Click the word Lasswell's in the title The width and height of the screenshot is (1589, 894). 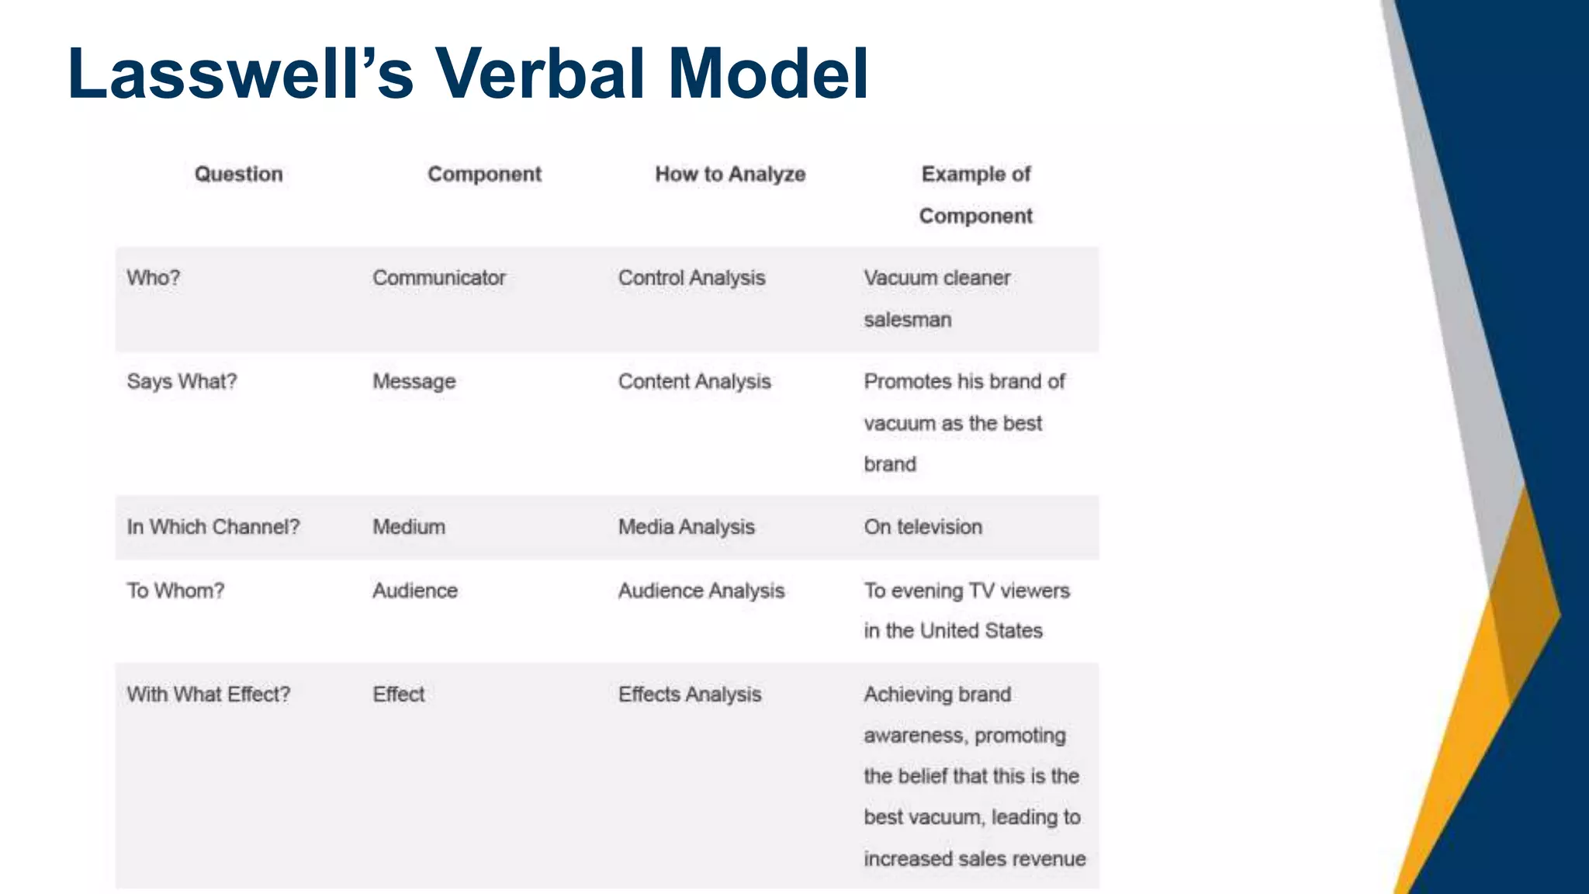(241, 74)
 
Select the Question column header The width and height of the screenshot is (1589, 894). (238, 174)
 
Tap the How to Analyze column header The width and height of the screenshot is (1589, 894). (730, 174)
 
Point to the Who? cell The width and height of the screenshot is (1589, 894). (154, 278)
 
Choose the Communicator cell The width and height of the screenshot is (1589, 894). (439, 278)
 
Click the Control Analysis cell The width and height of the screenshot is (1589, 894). (691, 278)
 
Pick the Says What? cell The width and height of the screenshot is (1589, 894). (182, 382)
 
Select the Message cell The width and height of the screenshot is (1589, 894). (414, 382)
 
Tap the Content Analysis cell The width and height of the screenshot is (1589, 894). (694, 382)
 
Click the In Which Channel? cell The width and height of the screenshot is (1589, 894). (213, 527)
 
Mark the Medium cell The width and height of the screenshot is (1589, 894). (409, 527)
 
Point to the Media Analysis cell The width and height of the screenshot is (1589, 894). (686, 527)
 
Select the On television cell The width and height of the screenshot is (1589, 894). (923, 527)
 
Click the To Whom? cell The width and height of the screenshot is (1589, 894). (175, 591)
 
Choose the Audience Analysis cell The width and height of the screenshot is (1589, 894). (701, 591)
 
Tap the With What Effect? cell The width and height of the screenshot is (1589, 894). (209, 694)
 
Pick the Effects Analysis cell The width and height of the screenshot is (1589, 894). (690, 694)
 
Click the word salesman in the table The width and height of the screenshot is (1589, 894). (908, 320)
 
